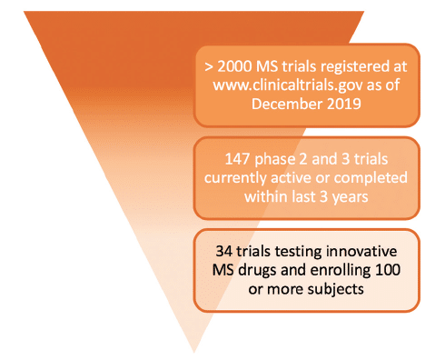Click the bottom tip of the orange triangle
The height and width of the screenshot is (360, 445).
[x=194, y=350]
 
